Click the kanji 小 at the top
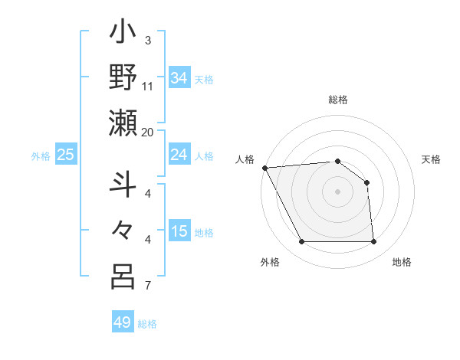(123, 35)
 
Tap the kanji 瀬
(123, 123)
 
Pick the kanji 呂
(123, 277)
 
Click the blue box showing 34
(179, 77)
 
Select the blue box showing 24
(179, 155)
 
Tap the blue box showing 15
(179, 232)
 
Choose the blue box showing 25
(66, 155)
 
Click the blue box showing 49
(123, 322)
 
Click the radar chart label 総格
(338, 100)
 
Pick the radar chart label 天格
(432, 159)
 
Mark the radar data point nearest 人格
(264, 168)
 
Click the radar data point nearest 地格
(374, 242)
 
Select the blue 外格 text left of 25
(41, 156)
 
